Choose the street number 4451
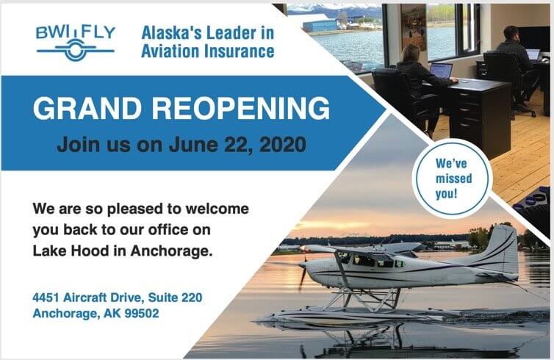(x=49, y=298)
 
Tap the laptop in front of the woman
(x=441, y=71)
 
